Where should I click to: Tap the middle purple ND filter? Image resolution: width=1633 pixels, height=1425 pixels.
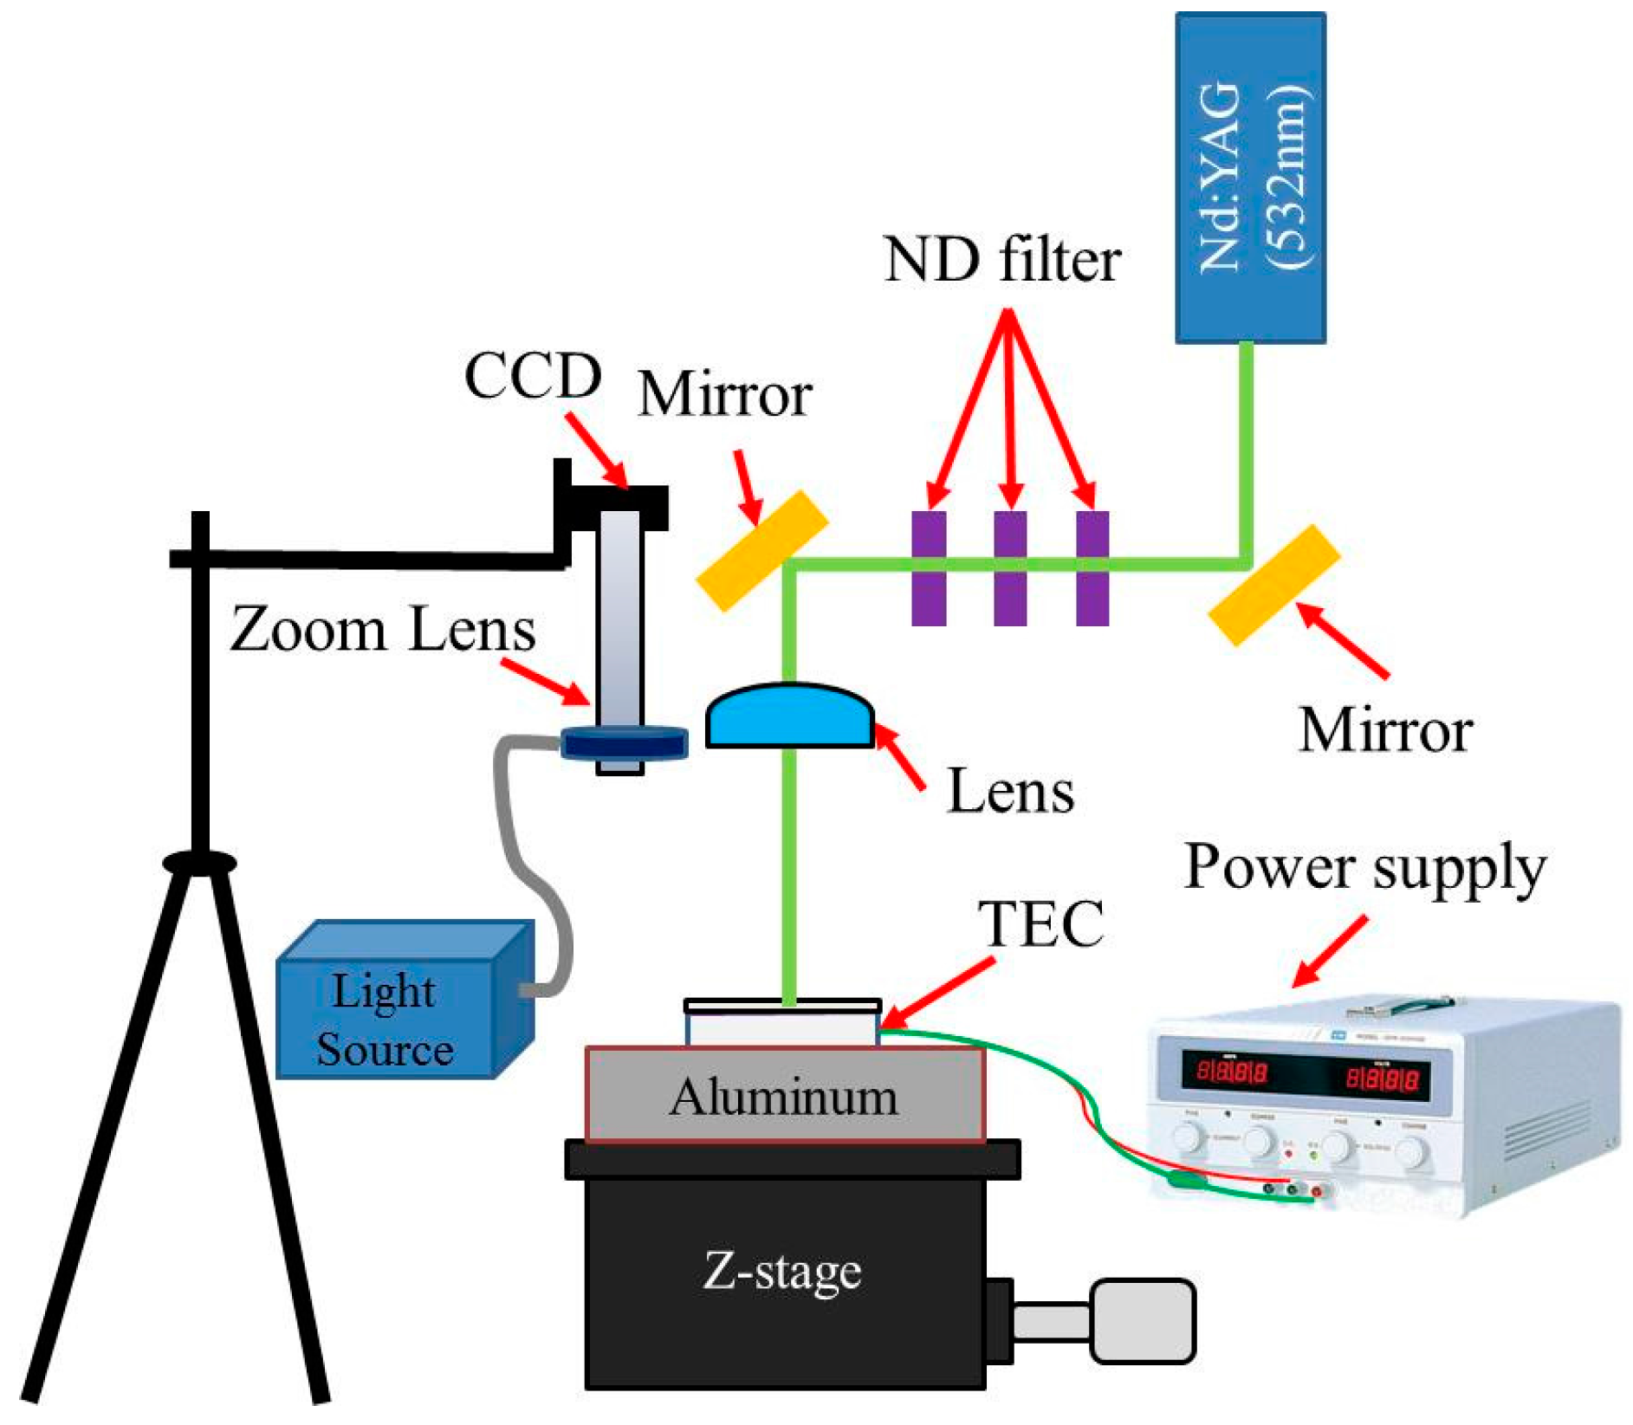tap(1009, 567)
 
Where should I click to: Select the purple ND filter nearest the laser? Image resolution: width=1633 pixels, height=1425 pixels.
tap(1092, 567)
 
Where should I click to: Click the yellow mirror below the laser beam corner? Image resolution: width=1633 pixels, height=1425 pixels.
tap(1273, 585)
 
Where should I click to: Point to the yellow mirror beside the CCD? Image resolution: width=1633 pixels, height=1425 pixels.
tap(762, 551)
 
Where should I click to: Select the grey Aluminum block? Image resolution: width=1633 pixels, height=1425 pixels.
tap(784, 1096)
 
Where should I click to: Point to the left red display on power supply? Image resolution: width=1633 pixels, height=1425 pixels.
tap(1231, 1072)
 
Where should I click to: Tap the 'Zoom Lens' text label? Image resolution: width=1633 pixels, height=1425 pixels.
tap(382, 630)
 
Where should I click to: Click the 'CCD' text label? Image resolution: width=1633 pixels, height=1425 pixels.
tap(532, 376)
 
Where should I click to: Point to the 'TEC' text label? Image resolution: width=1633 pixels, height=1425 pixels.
tap(1040, 924)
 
